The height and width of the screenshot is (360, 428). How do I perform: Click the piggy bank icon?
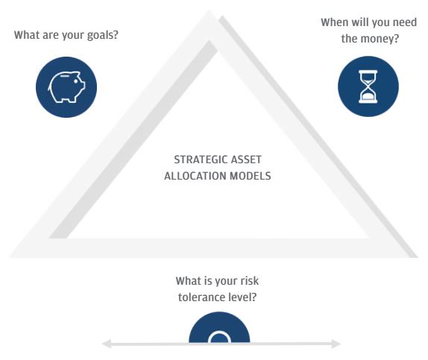66,86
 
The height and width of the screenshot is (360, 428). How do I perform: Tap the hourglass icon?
368,86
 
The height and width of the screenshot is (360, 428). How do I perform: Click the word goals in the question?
102,35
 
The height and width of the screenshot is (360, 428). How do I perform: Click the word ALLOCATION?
195,176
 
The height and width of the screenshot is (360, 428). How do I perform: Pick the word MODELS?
251,176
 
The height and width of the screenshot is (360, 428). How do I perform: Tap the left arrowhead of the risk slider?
107,344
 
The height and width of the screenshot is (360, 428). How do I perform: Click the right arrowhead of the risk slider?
336,344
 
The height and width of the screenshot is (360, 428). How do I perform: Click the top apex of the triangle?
209,10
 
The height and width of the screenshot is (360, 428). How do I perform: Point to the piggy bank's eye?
76,81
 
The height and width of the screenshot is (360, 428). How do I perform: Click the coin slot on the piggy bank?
65,76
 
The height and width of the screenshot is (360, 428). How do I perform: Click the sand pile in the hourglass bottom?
368,96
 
